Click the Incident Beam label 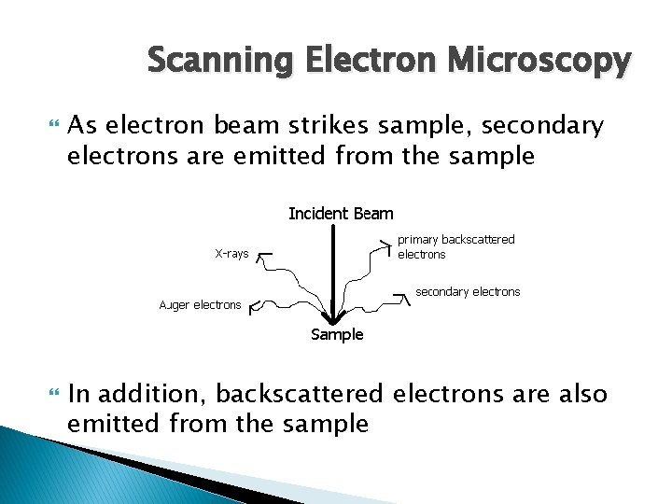(341, 214)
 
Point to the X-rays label (231, 254)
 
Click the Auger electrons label (200, 304)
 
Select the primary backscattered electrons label (455, 246)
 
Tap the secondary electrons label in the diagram (468, 292)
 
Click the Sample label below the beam (337, 335)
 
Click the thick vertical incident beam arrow (332, 271)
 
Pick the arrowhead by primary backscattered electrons (385, 245)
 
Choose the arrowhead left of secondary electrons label (401, 297)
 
